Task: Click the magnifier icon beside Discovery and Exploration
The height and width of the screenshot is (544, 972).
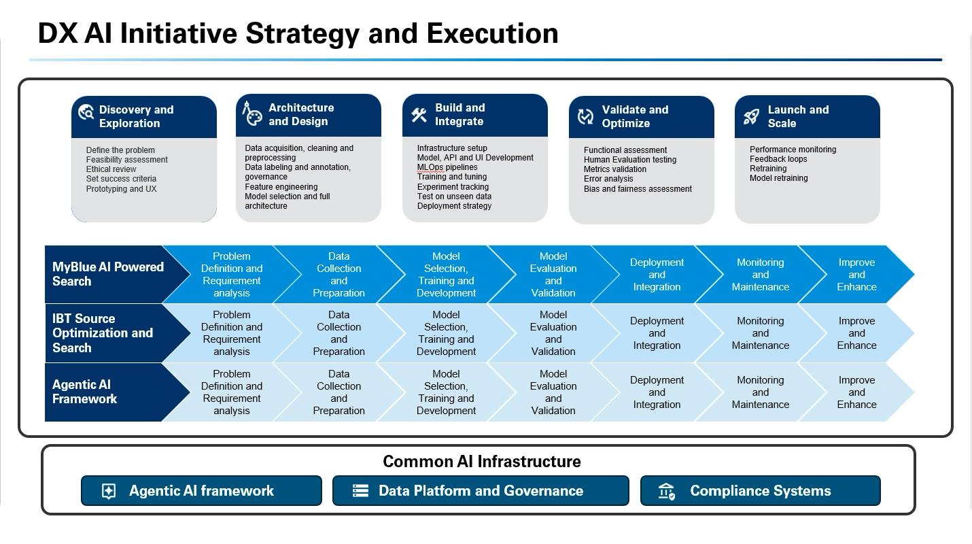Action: point(86,113)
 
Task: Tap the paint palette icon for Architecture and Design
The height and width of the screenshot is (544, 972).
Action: point(251,114)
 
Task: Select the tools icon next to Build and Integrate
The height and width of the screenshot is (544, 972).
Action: point(419,115)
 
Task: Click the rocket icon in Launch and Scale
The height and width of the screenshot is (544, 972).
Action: point(751,116)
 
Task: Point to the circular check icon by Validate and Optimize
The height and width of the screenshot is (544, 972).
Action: point(585,116)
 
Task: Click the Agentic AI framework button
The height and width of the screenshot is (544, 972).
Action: point(201,491)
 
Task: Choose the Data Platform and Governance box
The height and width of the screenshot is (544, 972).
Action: point(481,491)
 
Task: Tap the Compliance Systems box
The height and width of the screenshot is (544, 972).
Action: point(760,491)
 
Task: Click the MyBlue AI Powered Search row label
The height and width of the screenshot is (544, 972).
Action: point(107,274)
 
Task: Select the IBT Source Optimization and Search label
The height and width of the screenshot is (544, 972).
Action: point(103,333)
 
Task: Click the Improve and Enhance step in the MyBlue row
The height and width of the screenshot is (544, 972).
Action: point(856,275)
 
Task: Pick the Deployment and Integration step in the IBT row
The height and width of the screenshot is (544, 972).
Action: point(657,333)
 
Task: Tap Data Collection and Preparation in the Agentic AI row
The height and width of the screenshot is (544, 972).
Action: point(339,392)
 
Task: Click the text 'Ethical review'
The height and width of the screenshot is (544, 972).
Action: point(111,169)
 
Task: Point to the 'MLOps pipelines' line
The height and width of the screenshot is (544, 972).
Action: point(447,167)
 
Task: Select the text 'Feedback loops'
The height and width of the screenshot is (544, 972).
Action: point(778,159)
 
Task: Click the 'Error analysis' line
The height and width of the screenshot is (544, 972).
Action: point(608,179)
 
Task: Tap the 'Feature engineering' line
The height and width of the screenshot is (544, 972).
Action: point(281,187)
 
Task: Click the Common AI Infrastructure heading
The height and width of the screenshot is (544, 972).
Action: point(481,462)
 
